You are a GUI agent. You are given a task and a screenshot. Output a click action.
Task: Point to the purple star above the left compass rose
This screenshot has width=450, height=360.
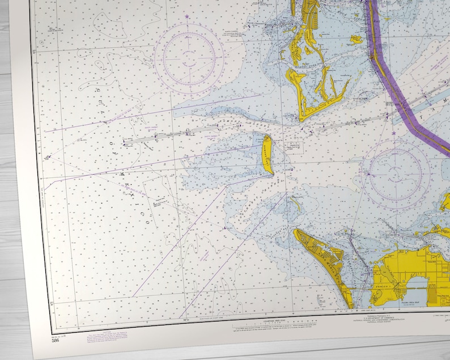[x=187, y=17]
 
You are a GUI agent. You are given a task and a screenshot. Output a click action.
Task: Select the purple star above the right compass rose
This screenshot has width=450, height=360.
[x=393, y=133]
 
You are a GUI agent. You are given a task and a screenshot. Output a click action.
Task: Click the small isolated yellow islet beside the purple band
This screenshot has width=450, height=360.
[x=356, y=39]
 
